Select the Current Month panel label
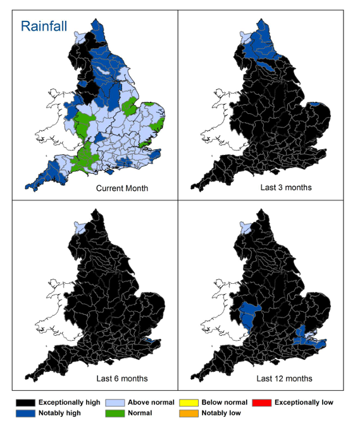pos(122,188)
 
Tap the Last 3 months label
pos(286,188)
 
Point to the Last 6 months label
pos(122,379)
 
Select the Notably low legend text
pos(222,413)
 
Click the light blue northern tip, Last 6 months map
pos(78,226)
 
